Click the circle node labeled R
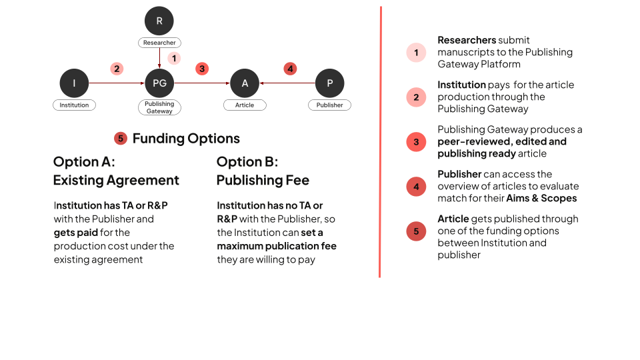click(x=159, y=21)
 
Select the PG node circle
click(x=159, y=83)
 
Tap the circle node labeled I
click(x=74, y=83)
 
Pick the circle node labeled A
click(x=245, y=83)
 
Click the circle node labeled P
click(x=329, y=83)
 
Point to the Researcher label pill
click(x=159, y=43)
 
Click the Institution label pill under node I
click(x=74, y=105)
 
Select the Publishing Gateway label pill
click(x=159, y=107)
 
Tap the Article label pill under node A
click(x=245, y=105)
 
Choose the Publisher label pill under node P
click(x=329, y=105)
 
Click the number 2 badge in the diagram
click(x=117, y=68)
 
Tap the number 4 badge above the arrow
click(x=289, y=68)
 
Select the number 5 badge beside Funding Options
click(x=121, y=139)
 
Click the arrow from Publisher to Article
click(x=287, y=83)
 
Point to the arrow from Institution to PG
click(x=117, y=83)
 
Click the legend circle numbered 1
click(x=416, y=53)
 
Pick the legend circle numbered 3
click(x=416, y=142)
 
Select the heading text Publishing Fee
click(x=263, y=181)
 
